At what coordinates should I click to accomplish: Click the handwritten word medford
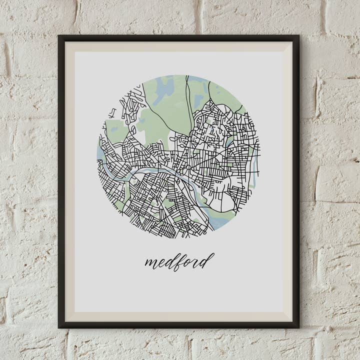(179, 261)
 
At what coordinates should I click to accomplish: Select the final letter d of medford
(208, 259)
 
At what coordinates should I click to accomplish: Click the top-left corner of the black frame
(59, 36)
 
